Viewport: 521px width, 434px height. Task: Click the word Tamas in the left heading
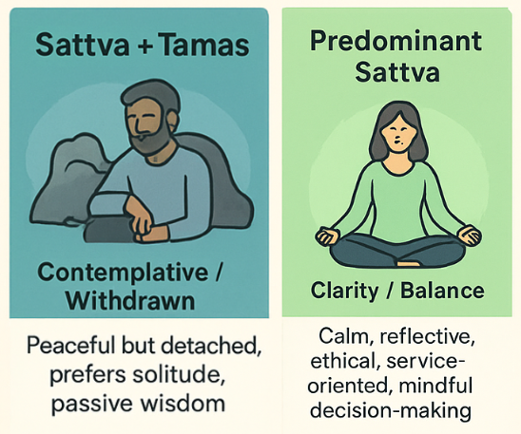point(204,45)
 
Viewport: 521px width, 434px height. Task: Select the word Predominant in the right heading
point(396,42)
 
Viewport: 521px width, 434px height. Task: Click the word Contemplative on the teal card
point(123,273)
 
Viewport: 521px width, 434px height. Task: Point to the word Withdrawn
point(130,301)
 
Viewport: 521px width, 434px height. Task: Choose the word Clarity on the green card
point(344,291)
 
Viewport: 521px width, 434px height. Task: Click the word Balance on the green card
point(442,291)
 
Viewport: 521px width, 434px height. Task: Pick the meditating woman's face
point(397,133)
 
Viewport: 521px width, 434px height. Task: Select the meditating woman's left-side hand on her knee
point(327,236)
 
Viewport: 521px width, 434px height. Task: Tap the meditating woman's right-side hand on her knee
point(469,235)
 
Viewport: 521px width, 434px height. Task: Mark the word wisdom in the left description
point(183,404)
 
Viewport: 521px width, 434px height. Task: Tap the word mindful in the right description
point(435,386)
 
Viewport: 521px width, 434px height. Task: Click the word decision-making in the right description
point(391,411)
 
